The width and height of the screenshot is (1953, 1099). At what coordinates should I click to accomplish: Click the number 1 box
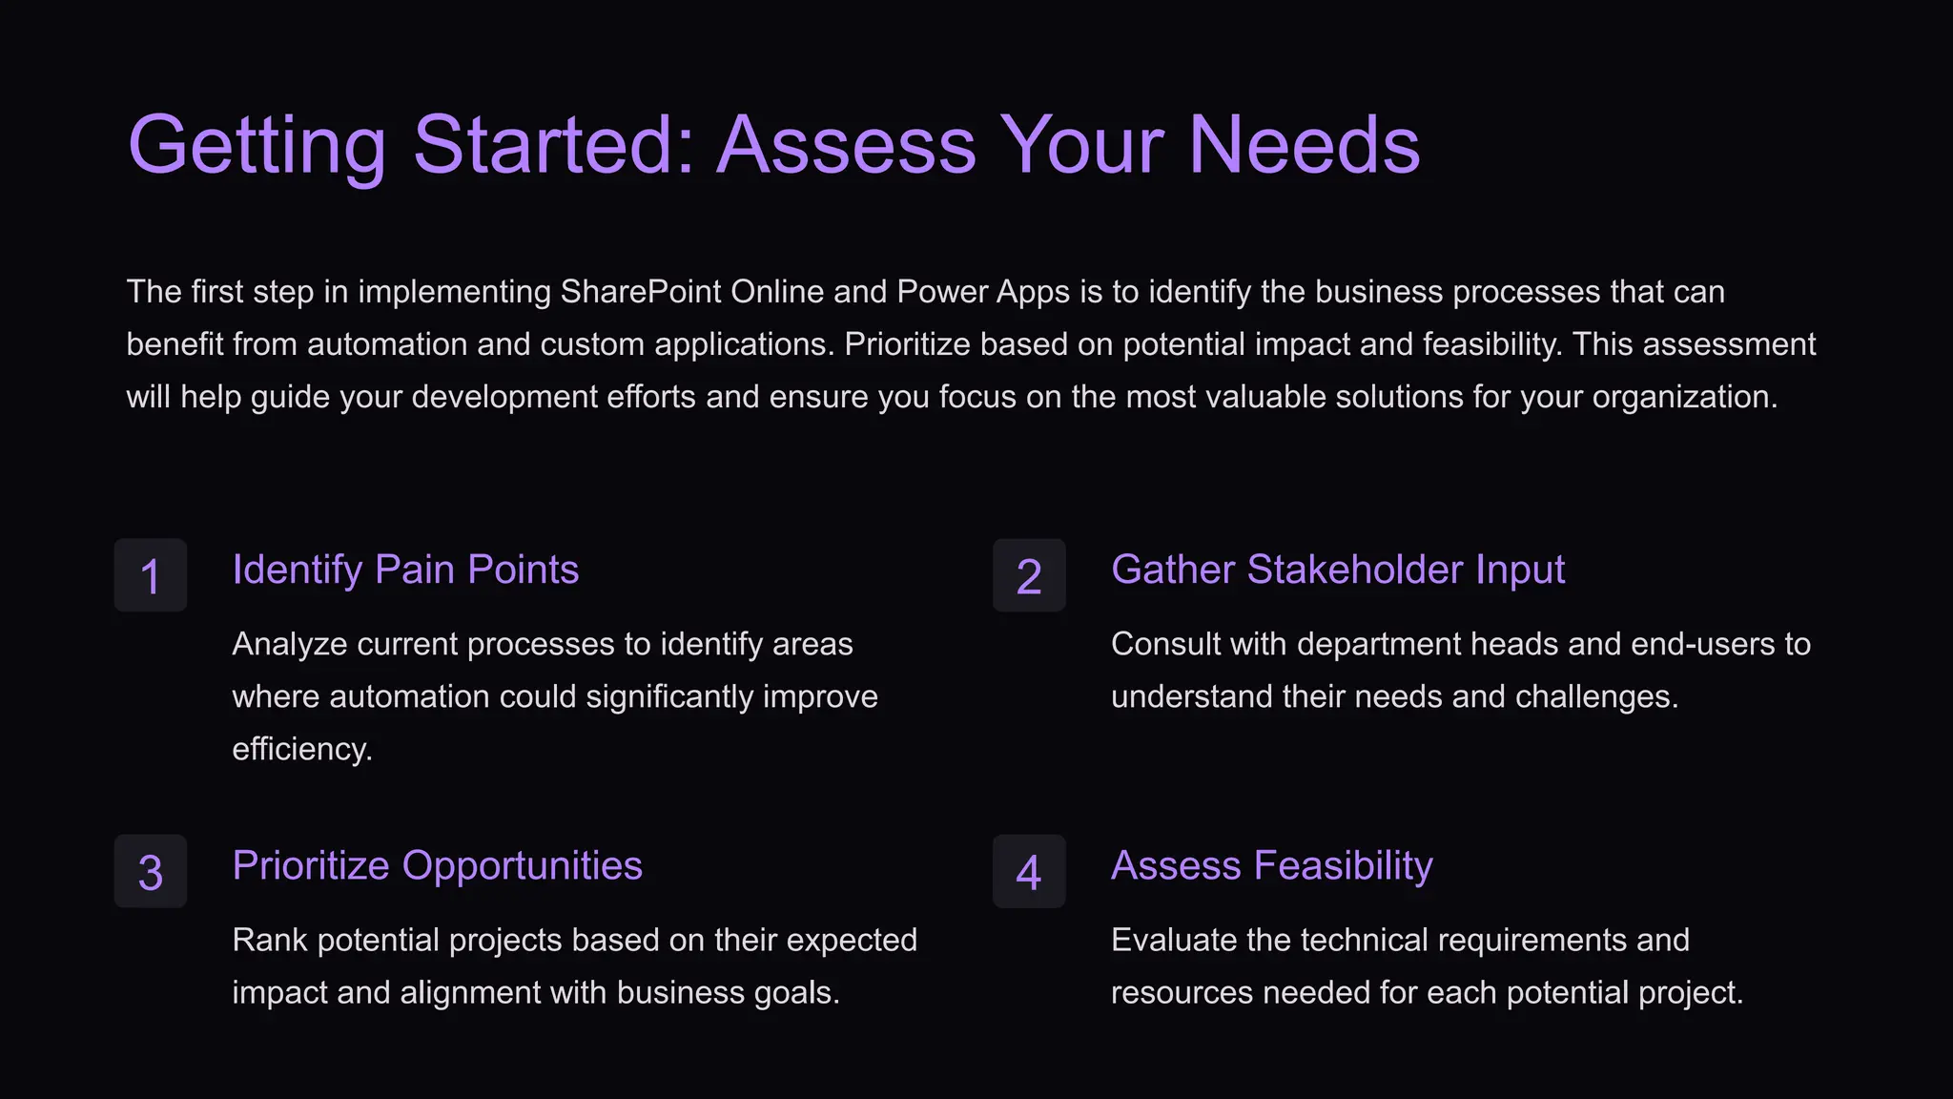click(151, 575)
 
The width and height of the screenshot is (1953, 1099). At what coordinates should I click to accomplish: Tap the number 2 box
click(1029, 575)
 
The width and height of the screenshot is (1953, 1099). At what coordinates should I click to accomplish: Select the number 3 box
click(151, 871)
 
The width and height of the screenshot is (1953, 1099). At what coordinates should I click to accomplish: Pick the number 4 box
click(1029, 871)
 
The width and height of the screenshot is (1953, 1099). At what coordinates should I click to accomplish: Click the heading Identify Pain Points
click(405, 570)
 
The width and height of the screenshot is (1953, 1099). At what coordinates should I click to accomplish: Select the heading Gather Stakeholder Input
click(1337, 570)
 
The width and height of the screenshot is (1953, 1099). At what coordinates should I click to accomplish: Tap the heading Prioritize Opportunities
click(437, 866)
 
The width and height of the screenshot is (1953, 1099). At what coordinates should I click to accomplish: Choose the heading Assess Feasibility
click(1271, 866)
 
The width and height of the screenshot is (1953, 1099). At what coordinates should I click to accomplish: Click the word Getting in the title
click(257, 146)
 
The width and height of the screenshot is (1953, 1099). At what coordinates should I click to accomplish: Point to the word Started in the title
click(554, 146)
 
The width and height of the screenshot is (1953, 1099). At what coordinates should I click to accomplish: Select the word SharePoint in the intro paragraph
click(640, 292)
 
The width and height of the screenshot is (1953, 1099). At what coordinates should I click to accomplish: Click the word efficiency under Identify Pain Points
click(301, 749)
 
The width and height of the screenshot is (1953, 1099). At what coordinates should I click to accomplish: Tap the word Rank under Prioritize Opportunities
click(270, 941)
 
